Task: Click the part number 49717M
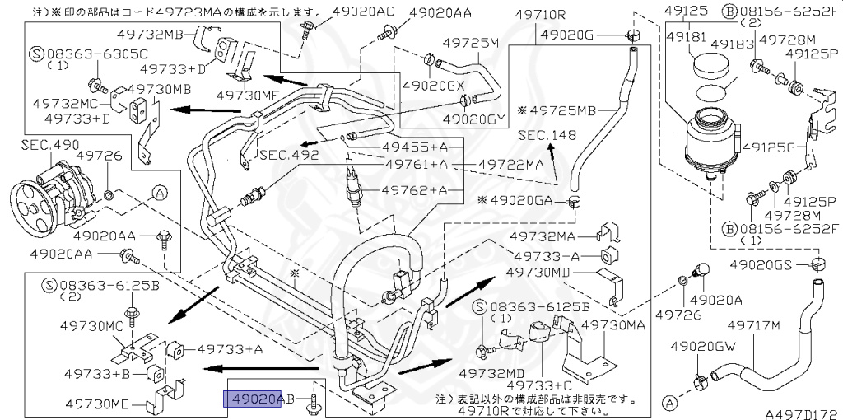pos(753,326)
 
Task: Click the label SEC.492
pos(290,153)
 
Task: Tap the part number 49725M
pos(472,42)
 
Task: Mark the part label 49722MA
pos(511,164)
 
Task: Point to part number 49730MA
pos(613,326)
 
